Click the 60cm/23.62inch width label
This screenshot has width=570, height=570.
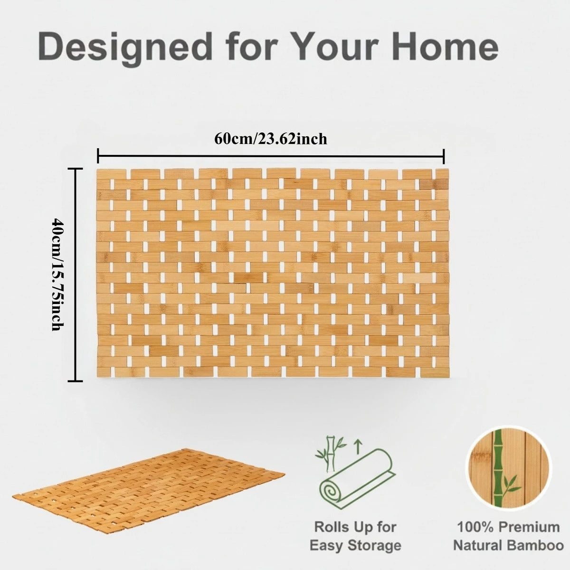coord(271,139)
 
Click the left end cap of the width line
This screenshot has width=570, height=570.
coord(98,155)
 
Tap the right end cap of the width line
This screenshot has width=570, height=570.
coord(444,155)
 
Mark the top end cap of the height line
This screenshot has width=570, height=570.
coord(75,169)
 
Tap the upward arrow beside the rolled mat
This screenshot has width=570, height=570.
coord(358,446)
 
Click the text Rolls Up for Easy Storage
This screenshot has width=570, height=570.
coord(355,536)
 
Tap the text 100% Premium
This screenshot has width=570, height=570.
coord(508,527)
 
